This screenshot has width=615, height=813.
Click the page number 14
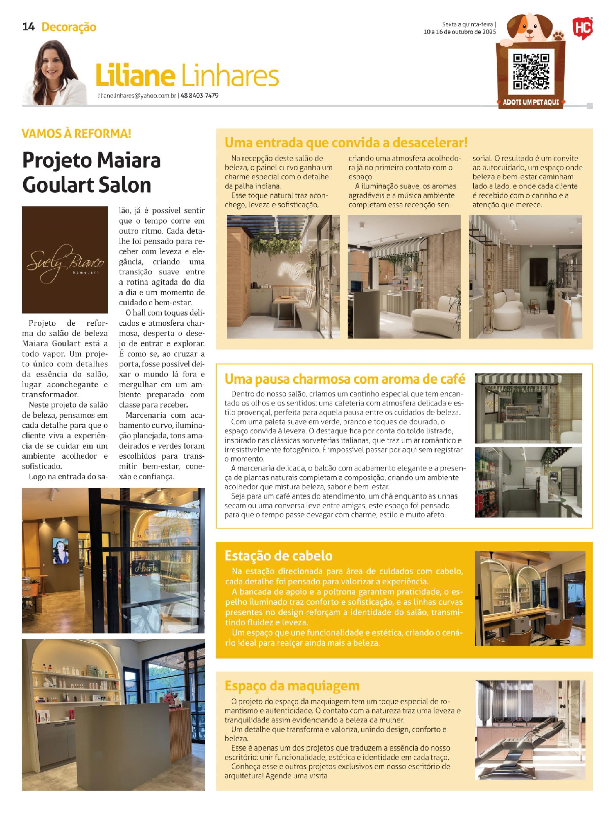[28, 27]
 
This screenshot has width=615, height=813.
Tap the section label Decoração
[69, 27]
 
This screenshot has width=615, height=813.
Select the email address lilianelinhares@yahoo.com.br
[137, 96]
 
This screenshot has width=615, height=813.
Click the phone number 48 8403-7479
[200, 96]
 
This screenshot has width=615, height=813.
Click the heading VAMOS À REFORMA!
[77, 133]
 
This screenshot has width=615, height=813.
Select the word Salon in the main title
[123, 185]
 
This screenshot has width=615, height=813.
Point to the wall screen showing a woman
[60, 551]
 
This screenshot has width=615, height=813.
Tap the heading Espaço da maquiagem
[292, 686]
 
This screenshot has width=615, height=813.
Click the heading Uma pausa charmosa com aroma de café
[345, 379]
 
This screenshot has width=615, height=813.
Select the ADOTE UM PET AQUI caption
[531, 102]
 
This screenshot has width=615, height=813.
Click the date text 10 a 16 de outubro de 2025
[460, 32]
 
